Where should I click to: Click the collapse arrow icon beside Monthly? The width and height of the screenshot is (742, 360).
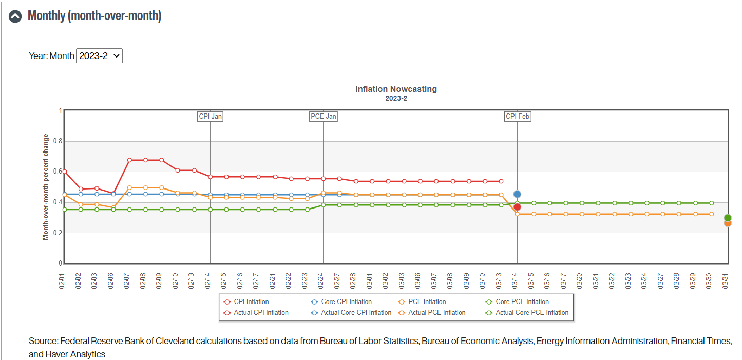pos(15,16)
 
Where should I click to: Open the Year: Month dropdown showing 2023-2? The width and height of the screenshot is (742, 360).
pos(100,55)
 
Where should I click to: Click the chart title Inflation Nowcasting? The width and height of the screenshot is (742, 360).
pos(396,89)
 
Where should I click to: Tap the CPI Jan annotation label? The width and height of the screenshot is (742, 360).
pos(211,117)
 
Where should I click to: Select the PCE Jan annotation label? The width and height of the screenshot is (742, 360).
pos(324,117)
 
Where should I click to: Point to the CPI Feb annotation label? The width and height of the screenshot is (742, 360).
pos(518,117)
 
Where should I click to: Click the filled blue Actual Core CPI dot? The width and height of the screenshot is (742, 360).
pos(517,194)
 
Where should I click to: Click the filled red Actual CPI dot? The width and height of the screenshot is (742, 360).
pos(517,207)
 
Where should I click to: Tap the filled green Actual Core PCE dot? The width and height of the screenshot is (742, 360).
pos(728,218)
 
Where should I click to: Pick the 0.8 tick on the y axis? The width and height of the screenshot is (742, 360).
pos(58,141)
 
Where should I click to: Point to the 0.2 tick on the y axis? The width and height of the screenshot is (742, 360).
pos(58,233)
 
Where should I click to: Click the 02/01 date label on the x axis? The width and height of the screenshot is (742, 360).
pos(62,281)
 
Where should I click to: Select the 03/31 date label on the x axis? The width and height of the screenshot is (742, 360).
pos(725,281)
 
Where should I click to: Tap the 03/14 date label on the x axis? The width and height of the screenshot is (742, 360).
pos(515,281)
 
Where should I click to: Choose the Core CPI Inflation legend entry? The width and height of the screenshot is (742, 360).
pos(341,301)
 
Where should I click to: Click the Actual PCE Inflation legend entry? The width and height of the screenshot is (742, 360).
pos(432,313)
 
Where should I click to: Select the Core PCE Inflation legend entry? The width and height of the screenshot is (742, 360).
pos(517,301)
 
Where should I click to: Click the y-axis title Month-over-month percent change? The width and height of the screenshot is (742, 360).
pos(46,187)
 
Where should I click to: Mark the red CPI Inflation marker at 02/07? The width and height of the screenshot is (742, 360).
pos(129,160)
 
